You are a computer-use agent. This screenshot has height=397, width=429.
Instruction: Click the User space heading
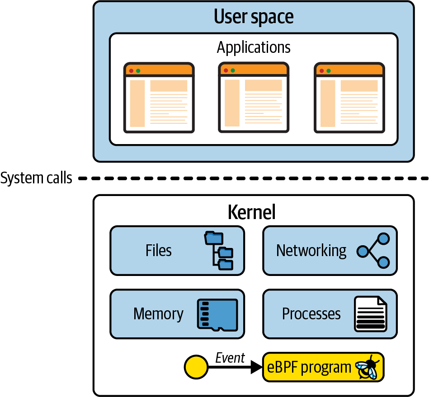coord(254,17)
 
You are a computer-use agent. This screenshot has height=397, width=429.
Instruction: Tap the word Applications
coord(254,47)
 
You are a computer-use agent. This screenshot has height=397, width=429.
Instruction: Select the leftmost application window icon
coord(159,98)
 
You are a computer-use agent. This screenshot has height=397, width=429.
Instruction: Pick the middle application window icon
coord(254,97)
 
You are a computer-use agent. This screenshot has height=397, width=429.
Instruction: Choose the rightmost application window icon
coord(349,98)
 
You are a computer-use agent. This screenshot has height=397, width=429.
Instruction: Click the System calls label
coord(36,178)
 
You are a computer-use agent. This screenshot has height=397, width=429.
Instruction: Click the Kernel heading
coord(251,212)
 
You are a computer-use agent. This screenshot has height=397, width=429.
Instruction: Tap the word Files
coord(159,251)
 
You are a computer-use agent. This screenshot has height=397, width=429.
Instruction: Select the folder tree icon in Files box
coord(220,251)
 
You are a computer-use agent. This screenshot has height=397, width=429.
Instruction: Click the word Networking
coord(311,251)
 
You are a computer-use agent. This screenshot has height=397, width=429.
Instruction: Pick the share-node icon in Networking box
coord(373,251)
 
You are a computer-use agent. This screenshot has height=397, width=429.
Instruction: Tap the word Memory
coord(158,314)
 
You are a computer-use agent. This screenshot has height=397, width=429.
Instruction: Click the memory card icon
coord(217,314)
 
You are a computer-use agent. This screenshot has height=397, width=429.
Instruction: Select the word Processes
coord(311,314)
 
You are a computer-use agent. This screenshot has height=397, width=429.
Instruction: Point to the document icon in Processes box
coord(371,314)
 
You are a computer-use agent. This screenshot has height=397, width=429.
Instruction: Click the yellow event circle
coord(196,367)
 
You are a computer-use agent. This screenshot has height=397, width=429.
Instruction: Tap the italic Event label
coord(230,358)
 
